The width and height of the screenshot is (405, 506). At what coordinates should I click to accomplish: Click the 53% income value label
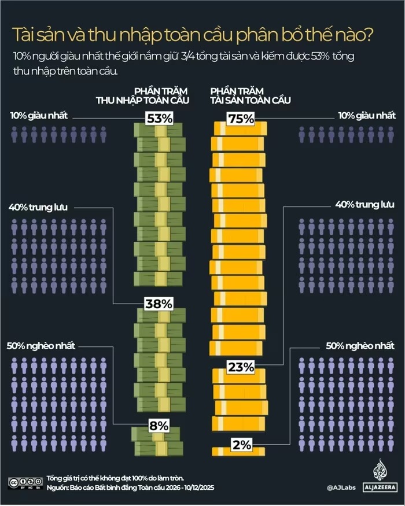pyautogui.click(x=159, y=119)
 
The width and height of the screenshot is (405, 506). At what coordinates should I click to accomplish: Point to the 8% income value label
pyautogui.click(x=158, y=426)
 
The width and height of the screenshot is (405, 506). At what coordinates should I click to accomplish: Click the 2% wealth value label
pyautogui.click(x=241, y=445)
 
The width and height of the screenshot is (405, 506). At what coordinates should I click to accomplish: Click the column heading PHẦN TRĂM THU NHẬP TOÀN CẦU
pyautogui.click(x=142, y=96)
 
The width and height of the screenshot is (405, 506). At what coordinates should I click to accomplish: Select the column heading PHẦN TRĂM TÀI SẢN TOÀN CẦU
pyautogui.click(x=250, y=96)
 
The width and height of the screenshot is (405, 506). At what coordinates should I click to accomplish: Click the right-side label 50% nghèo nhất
pyautogui.click(x=360, y=346)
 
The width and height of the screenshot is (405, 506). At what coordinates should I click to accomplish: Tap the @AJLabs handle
pyautogui.click(x=341, y=487)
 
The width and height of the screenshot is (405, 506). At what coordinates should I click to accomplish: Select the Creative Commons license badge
pyautogui.click(x=25, y=483)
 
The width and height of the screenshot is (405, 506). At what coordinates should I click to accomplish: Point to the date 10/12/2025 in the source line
pyautogui.click(x=200, y=488)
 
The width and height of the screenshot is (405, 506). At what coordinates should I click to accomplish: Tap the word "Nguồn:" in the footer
pyautogui.click(x=57, y=488)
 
